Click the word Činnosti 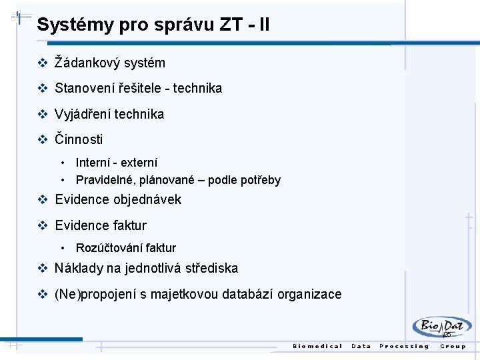[79, 139]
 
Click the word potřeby [261, 180]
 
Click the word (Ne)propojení [94, 294]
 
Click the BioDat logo [441, 327]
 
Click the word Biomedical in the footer [318, 346]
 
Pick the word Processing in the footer [404, 346]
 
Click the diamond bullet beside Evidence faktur [43, 225]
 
